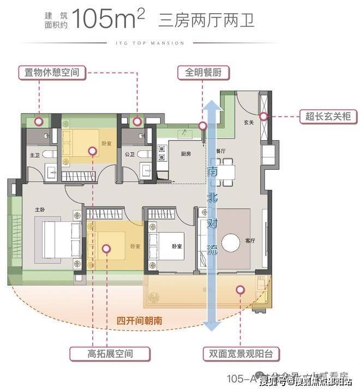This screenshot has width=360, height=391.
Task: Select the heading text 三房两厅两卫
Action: coord(206,20)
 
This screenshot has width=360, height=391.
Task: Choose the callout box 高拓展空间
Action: coord(106,353)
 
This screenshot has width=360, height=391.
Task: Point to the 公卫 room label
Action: coord(129,155)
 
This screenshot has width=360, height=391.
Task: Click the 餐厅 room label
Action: coord(221,150)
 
